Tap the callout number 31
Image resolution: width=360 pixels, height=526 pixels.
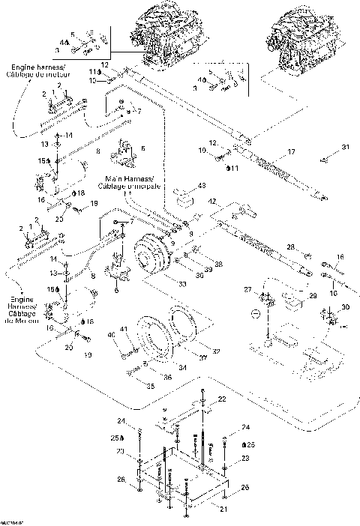[345, 147]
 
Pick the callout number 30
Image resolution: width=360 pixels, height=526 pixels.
[344, 307]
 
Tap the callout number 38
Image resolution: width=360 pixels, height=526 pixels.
[219, 264]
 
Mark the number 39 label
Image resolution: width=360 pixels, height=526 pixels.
[207, 270]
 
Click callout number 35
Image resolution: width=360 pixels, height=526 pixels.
[150, 386]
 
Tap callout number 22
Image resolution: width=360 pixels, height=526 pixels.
[221, 398]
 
